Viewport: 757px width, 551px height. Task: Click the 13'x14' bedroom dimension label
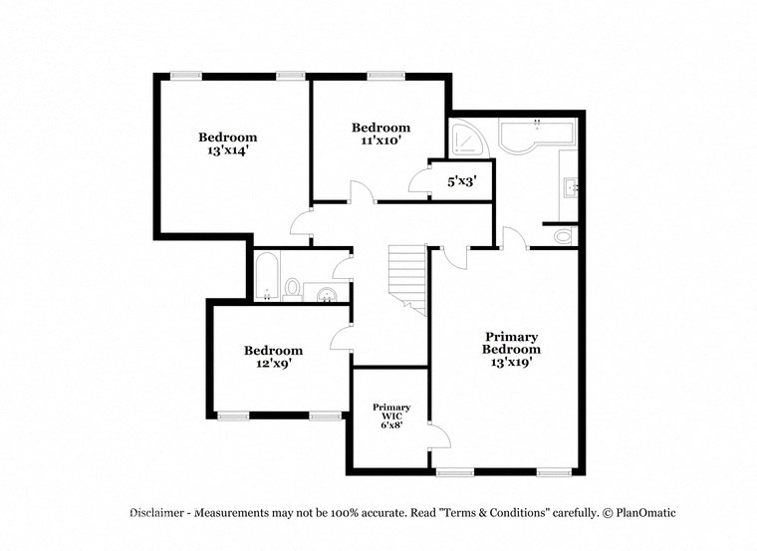click(x=227, y=151)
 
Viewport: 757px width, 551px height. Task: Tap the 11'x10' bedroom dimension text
click(x=380, y=141)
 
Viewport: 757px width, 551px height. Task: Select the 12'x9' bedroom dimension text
click(x=273, y=365)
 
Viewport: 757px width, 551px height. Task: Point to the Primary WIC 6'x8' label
click(x=391, y=416)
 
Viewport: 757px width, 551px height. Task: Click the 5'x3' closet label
click(x=462, y=181)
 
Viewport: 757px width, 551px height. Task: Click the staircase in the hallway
click(x=406, y=279)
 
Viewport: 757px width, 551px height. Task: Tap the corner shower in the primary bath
click(x=465, y=140)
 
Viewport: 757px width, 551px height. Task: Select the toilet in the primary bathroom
click(x=564, y=236)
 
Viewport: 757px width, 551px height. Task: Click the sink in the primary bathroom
click(x=571, y=186)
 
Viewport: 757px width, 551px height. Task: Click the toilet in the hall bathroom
click(x=294, y=288)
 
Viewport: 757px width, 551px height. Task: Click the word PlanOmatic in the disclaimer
click(x=644, y=513)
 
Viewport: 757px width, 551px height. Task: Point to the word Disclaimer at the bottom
click(x=157, y=513)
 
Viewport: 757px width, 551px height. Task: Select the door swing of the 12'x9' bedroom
click(x=340, y=336)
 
